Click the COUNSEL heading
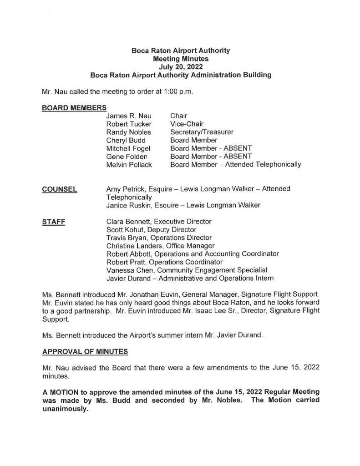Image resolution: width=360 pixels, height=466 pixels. [59, 189]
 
